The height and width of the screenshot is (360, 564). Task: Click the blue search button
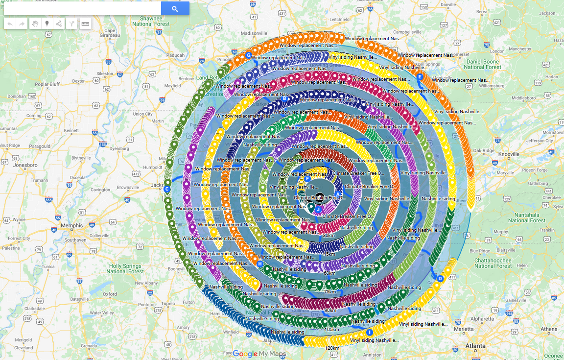(175, 8)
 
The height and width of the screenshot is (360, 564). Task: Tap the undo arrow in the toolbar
(10, 24)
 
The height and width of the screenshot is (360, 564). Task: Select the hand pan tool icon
(35, 24)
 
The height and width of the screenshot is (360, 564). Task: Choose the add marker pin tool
(47, 24)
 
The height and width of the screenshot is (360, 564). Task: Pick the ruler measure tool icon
(85, 24)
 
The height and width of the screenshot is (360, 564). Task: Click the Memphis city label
(71, 226)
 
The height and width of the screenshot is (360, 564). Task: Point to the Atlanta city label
(475, 346)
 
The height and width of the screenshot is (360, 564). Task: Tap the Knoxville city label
(508, 154)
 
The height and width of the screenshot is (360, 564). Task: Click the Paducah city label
(175, 55)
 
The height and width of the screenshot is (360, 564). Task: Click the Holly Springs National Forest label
(125, 268)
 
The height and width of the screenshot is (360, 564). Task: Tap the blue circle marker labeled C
(167, 189)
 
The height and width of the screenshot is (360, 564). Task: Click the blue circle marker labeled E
(420, 77)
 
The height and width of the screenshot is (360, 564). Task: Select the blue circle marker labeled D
(440, 279)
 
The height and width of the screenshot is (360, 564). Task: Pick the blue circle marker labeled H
(259, 264)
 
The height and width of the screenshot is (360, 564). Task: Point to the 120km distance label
(331, 348)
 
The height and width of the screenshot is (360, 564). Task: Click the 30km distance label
(329, 236)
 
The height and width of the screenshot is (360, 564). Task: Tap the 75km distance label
(330, 292)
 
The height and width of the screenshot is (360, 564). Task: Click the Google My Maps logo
(259, 354)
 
